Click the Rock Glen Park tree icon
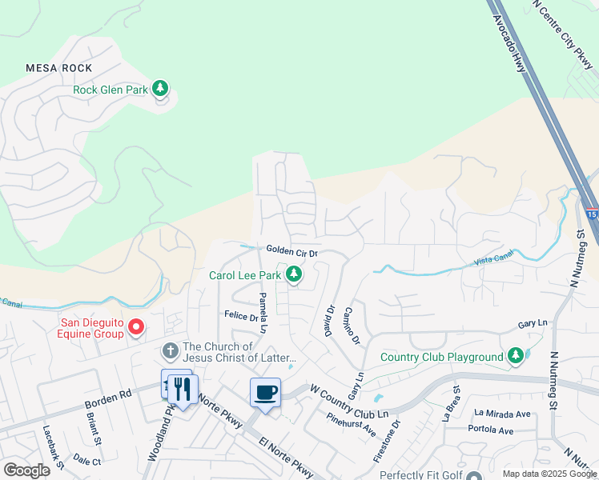point(161,89)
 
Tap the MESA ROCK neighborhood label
point(58,69)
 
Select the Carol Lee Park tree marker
point(294,274)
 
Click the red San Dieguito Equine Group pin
point(136,327)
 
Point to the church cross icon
point(170,351)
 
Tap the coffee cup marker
point(266,393)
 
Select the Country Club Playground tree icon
point(517,356)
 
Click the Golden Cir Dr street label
point(292,252)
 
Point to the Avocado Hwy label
point(509,44)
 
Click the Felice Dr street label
point(241,317)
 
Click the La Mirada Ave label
point(502,414)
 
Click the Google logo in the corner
point(26,470)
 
